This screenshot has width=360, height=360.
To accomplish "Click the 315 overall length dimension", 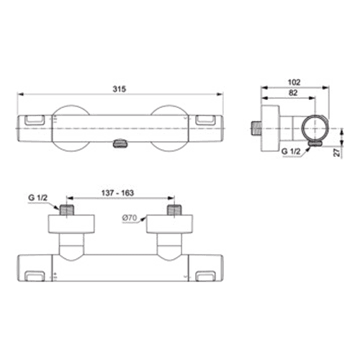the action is [120, 89].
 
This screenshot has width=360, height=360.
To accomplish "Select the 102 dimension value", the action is [294, 82].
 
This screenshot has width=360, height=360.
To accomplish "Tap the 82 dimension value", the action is [293, 93].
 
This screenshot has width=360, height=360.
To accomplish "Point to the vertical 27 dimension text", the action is [338, 153].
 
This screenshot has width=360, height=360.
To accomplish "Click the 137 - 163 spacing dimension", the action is [117, 193].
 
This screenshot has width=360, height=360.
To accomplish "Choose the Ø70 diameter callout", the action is [130, 218].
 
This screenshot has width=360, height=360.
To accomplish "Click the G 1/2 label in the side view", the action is [291, 151].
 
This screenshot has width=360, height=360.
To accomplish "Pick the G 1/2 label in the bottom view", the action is [38, 198].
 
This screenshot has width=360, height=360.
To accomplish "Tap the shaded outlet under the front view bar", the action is [120, 144].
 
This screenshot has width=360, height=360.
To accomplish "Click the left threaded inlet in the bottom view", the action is [67, 210].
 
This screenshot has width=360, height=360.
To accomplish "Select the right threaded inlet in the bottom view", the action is [174, 210].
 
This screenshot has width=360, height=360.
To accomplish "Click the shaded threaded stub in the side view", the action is [256, 128].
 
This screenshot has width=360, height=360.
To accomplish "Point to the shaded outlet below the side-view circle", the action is [315, 143].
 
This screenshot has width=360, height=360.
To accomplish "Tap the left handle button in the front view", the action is [35, 120].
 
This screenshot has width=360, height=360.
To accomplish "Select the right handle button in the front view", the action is [205, 120].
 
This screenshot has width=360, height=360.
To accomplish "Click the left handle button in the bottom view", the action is [35, 276].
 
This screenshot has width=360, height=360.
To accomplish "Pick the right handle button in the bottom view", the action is [205, 276].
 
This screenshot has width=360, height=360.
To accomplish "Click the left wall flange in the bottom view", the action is [71, 224].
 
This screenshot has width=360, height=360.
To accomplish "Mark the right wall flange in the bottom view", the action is [169, 224].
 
